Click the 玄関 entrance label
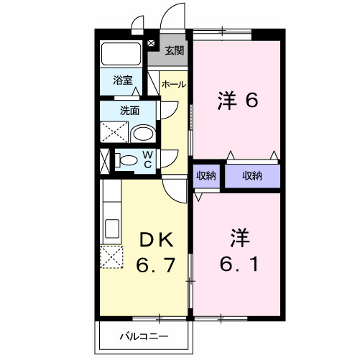pyautogui.click(x=174, y=50)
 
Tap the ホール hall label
pyautogui.click(x=173, y=85)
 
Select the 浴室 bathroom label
pyautogui.click(x=123, y=81)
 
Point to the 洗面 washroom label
pyautogui.click(x=129, y=111)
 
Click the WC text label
pyautogui.click(x=147, y=160)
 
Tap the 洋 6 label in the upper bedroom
pyautogui.click(x=237, y=102)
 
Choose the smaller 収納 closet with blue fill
pyautogui.click(x=206, y=176)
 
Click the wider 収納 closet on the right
pyautogui.click(x=251, y=176)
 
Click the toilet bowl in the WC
pyautogui.click(x=129, y=160)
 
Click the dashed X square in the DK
pyautogui.click(x=112, y=257)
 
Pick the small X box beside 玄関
pyautogui.click(x=150, y=44)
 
